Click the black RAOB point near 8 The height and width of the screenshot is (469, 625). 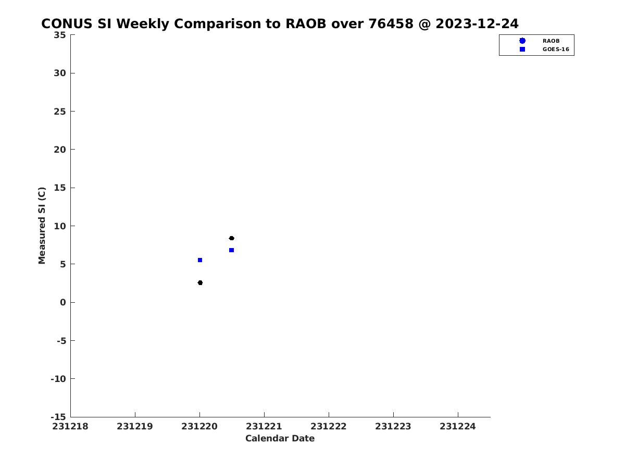point(231,238)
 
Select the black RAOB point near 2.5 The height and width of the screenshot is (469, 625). point(200,282)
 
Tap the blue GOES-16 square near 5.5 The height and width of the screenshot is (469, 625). point(200,260)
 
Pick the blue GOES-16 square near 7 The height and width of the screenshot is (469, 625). point(231,250)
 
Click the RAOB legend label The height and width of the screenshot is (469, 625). point(551,41)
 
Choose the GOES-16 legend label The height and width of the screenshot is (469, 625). point(556,50)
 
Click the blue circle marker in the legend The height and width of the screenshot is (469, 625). point(522,41)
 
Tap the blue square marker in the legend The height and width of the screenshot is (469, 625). point(522,50)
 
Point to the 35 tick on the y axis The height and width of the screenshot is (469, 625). point(60,35)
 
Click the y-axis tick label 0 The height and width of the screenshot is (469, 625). point(63,302)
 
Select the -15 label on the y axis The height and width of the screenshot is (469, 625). point(58,417)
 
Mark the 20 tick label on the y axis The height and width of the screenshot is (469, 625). point(60,150)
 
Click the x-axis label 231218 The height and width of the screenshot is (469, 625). point(70,426)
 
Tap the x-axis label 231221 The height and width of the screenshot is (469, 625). point(264,426)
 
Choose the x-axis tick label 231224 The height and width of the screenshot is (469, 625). point(458,426)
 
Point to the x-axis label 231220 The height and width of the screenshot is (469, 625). point(199,426)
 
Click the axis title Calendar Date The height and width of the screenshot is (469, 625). point(280,438)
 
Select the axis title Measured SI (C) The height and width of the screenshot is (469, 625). point(42,226)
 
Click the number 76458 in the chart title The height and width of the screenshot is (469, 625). point(391,23)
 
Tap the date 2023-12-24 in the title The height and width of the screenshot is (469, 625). point(477,23)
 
